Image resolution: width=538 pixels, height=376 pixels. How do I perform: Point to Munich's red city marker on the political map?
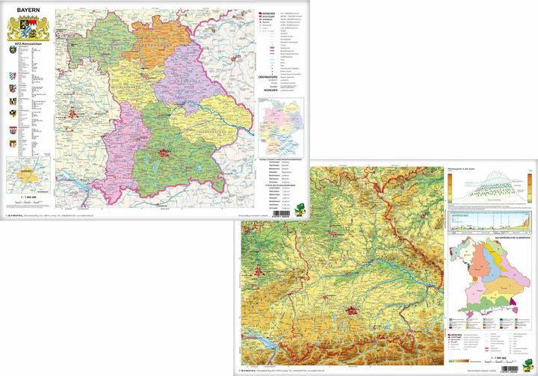tap(167, 155)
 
